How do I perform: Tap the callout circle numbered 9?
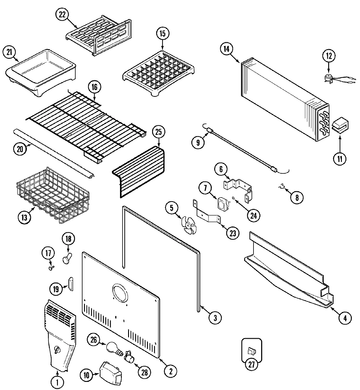click(198, 142)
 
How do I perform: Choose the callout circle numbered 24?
click(253, 216)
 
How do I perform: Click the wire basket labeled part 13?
click(51, 193)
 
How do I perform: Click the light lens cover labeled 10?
click(110, 371)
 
